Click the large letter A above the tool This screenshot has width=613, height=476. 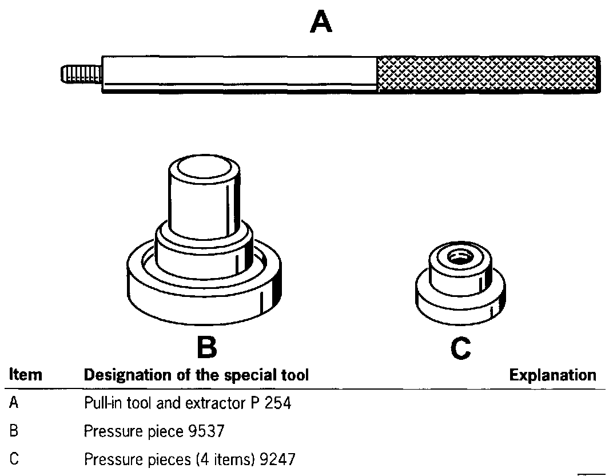(321, 23)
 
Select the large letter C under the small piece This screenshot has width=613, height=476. (460, 348)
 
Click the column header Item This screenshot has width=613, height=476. (26, 375)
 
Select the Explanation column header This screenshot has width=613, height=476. (552, 375)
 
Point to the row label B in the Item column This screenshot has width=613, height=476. (14, 431)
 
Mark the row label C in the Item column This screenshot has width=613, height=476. (14, 459)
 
